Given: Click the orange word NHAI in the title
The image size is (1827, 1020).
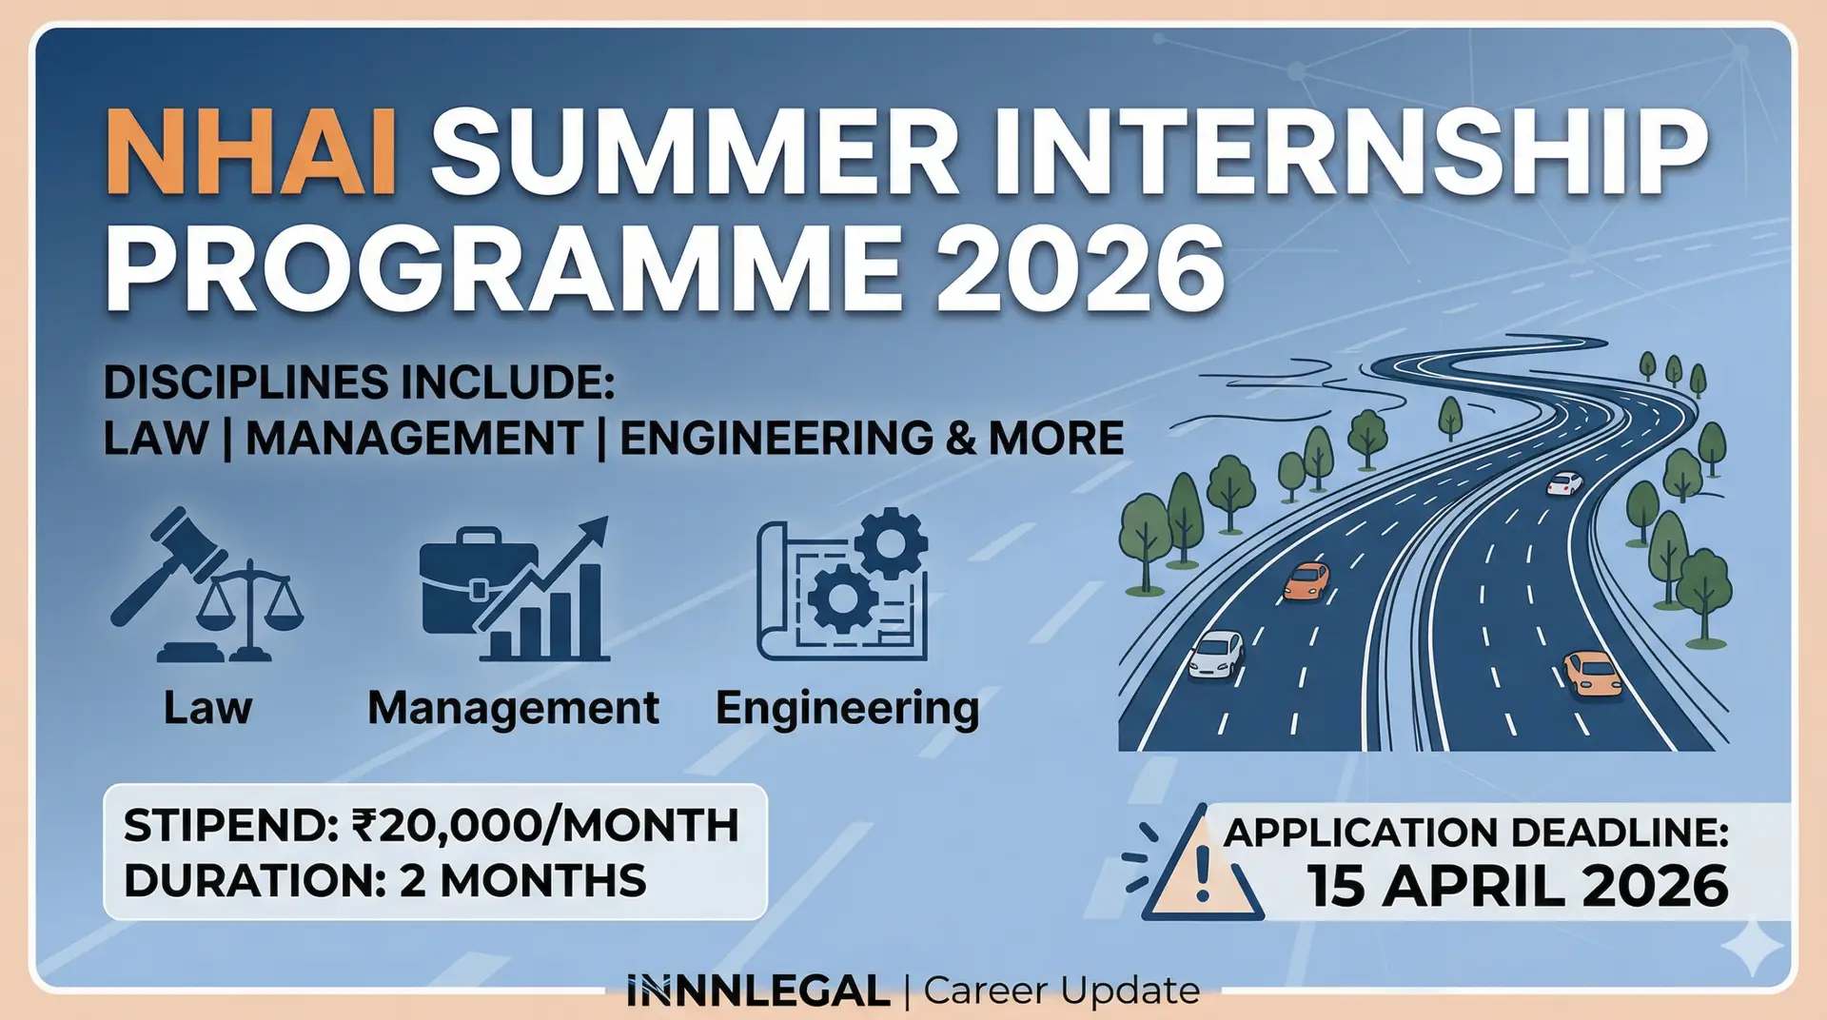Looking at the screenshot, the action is (x=251, y=152).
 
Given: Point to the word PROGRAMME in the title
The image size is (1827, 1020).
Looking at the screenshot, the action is (x=503, y=268).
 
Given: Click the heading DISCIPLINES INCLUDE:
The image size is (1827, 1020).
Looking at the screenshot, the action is (x=359, y=382).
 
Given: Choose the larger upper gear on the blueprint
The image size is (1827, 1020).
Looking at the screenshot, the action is (x=890, y=543).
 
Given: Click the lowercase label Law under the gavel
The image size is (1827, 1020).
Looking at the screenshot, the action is (x=207, y=708).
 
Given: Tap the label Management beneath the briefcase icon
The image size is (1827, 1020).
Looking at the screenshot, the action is (x=513, y=708).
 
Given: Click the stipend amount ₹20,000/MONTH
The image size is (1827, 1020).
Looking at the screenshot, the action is (x=545, y=825).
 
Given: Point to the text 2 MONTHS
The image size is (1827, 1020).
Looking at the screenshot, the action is (x=523, y=881).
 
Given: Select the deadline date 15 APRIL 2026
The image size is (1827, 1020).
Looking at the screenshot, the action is (x=1517, y=887).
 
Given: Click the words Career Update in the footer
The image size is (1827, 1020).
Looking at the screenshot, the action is (x=1061, y=991).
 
